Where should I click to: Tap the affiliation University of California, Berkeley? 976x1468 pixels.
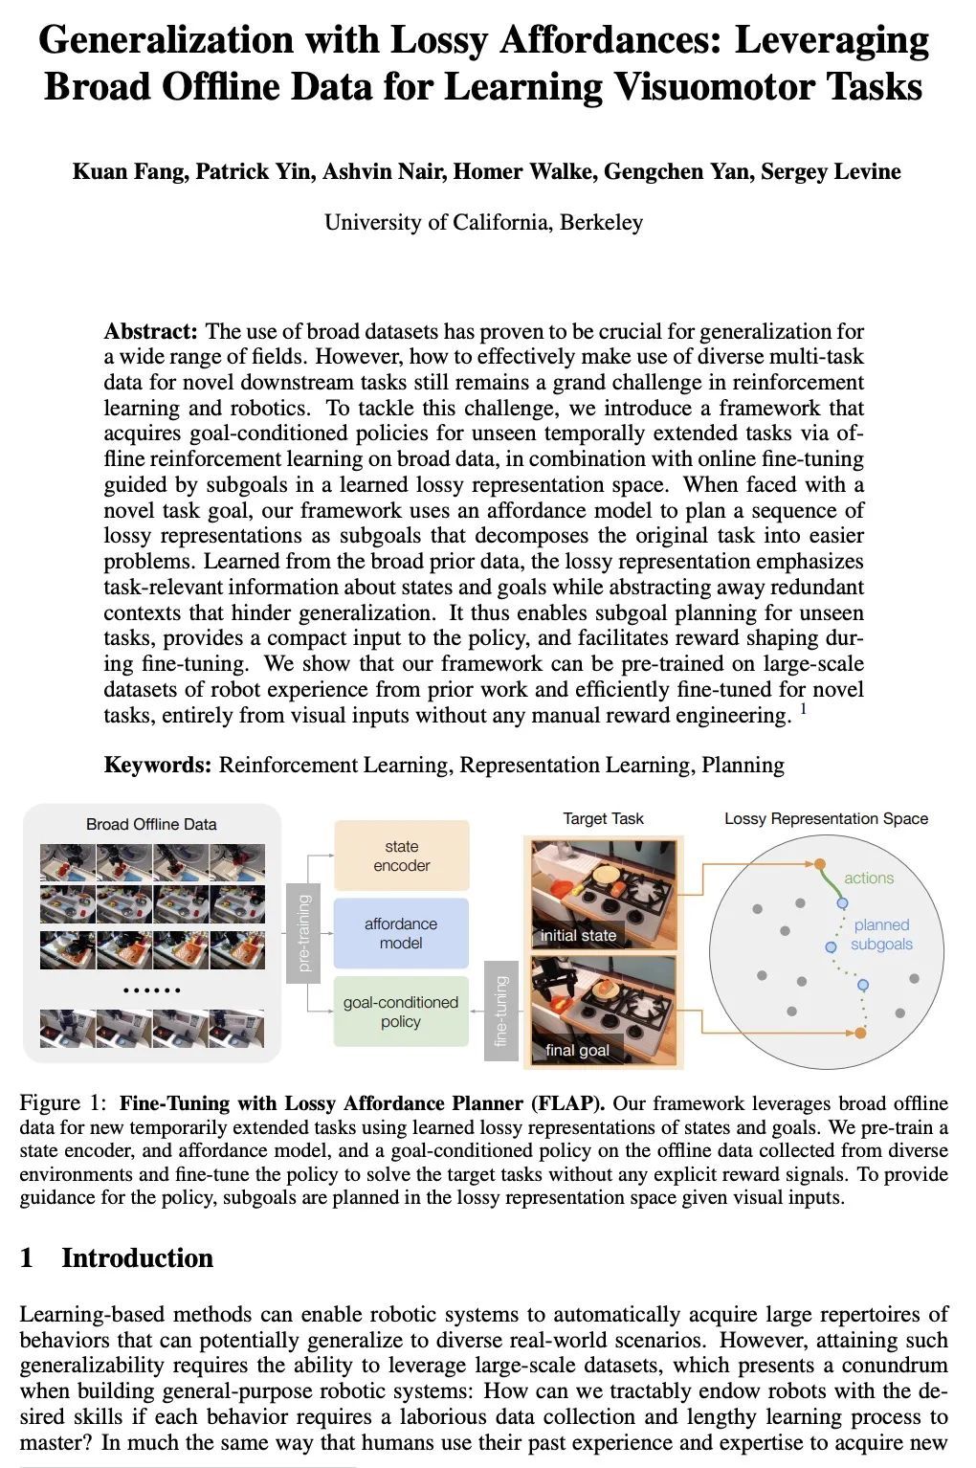tap(483, 223)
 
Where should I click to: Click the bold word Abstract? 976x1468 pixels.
tap(150, 332)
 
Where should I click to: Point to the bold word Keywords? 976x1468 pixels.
tap(157, 766)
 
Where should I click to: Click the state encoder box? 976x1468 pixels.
tap(401, 856)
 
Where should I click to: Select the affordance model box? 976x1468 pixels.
tap(401, 933)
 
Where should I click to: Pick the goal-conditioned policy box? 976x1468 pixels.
tap(401, 1012)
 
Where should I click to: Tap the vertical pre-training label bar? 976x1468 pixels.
tap(302, 933)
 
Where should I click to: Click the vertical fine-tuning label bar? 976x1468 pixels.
tap(500, 1012)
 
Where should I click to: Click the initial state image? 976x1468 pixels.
tap(603, 893)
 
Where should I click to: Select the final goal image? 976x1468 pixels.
tap(603, 1010)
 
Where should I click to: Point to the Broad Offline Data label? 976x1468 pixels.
tap(151, 824)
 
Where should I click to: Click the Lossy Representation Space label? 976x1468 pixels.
tap(826, 819)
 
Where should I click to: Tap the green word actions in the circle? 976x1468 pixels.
tap(868, 879)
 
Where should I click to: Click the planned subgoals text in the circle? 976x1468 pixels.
tap(880, 935)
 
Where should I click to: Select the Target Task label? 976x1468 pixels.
tap(603, 819)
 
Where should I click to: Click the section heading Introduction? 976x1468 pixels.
tap(137, 1258)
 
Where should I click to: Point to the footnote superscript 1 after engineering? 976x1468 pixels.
tap(804, 709)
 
